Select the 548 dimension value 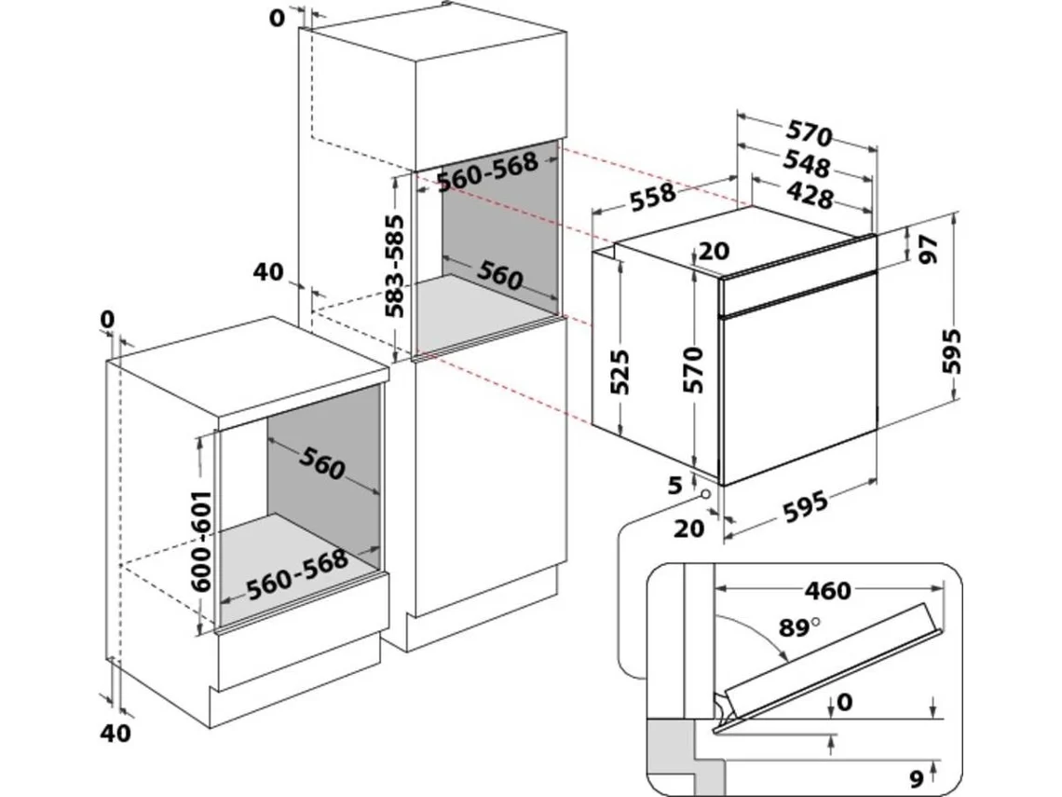click(806, 165)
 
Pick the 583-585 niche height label click(396, 267)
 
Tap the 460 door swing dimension click(827, 590)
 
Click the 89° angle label click(799, 627)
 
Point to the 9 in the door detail click(916, 776)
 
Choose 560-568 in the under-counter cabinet click(297, 572)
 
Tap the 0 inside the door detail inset click(844, 702)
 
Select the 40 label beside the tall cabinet click(268, 272)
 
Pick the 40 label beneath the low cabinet click(116, 733)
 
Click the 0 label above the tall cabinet click(277, 19)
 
